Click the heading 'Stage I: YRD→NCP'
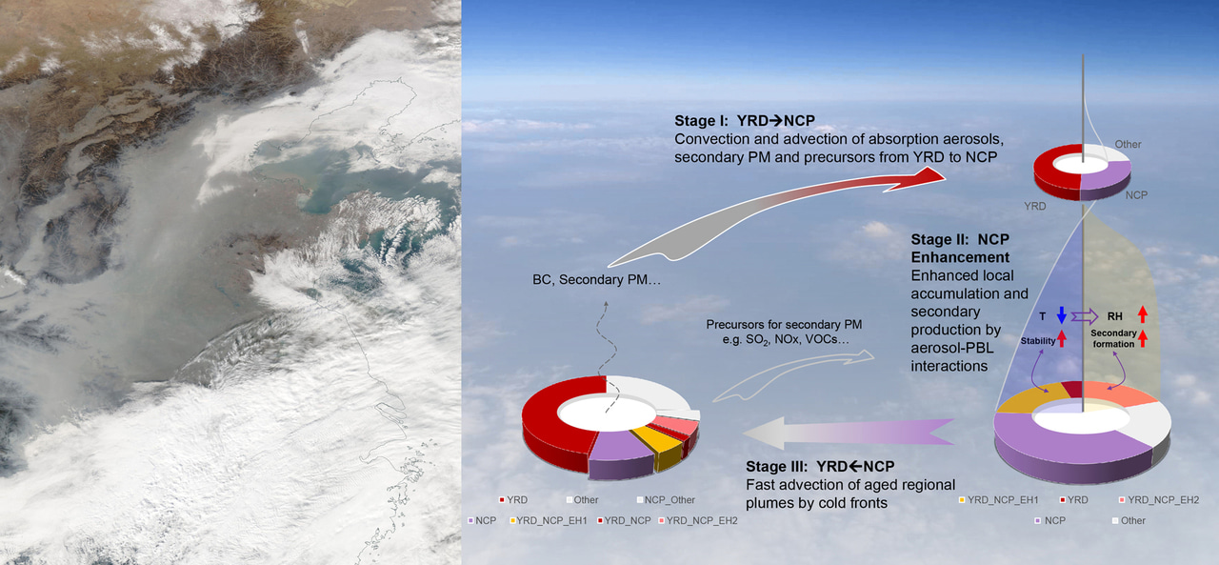(746, 121)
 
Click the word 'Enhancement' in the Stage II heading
(961, 257)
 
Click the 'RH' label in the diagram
(1112, 316)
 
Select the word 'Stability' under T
(1039, 338)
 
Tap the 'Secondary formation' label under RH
(1113, 338)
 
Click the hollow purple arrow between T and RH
(1085, 316)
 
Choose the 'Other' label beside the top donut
(1128, 145)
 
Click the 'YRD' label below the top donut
(1036, 205)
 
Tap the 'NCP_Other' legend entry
(670, 499)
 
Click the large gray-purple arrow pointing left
(838, 433)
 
